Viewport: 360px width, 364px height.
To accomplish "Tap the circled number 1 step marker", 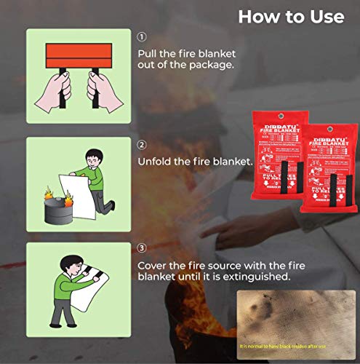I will pos(142,36).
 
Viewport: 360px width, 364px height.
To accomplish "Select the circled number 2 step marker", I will pos(142,145).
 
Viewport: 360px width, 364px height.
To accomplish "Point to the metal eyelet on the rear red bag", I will pos(280,115).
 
